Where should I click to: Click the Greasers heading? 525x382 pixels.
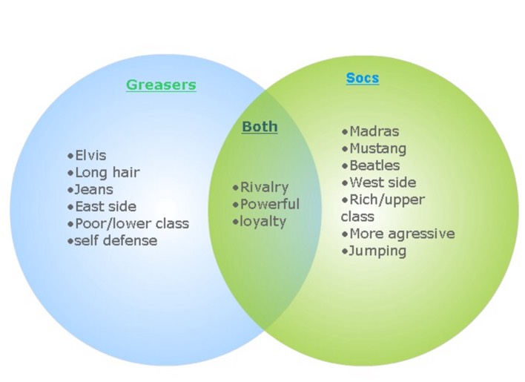[x=161, y=85]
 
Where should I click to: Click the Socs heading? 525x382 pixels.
[x=362, y=78]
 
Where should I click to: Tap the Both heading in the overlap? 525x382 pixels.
[x=260, y=127]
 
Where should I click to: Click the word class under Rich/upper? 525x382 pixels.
[x=357, y=217]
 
